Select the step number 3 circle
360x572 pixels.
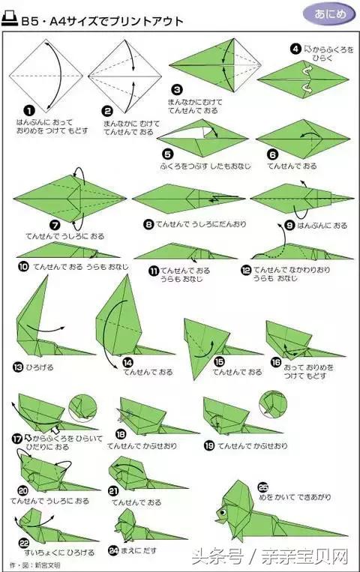[176, 89]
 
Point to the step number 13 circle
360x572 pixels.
[18, 367]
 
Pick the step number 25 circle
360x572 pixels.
[262, 485]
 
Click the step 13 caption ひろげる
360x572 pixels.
[42, 368]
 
